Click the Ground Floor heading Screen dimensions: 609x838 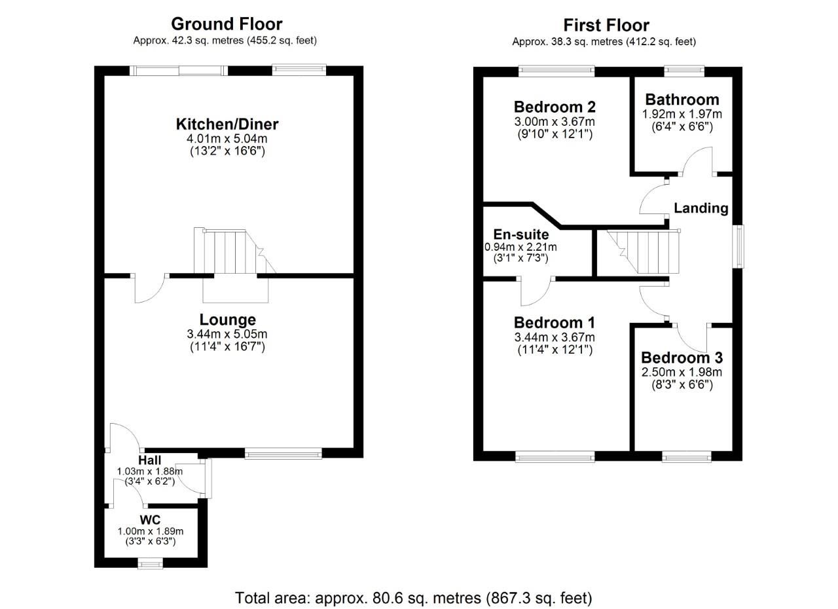(227, 24)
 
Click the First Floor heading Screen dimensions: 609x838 (606, 26)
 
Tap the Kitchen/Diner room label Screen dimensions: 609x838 (227, 124)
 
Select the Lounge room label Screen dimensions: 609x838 (227, 320)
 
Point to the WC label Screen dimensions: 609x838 (151, 520)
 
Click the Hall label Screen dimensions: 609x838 (150, 461)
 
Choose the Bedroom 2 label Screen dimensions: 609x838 (554, 107)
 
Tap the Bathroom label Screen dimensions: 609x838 (682, 100)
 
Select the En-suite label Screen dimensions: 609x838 (521, 234)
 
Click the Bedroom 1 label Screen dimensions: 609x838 (554, 323)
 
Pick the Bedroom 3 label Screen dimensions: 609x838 (682, 358)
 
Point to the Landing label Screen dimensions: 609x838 (701, 208)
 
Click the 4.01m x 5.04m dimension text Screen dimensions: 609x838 (227, 139)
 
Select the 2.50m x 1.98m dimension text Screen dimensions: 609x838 (682, 373)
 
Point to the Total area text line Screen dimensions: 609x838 (414, 598)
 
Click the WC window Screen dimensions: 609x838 (151, 563)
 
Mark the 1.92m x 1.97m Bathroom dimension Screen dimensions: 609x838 (682, 114)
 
